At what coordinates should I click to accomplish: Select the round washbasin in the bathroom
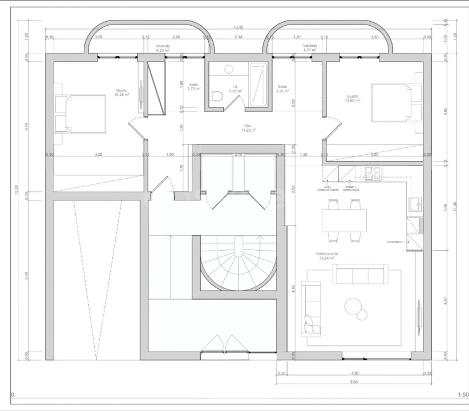tap(229, 69)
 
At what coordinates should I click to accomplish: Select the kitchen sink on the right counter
tap(415, 204)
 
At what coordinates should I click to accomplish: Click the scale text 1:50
tap(463, 394)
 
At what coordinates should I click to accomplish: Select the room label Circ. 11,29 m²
tap(248, 128)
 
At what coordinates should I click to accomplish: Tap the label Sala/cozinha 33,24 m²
tap(326, 256)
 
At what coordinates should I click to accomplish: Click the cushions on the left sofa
tap(312, 324)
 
